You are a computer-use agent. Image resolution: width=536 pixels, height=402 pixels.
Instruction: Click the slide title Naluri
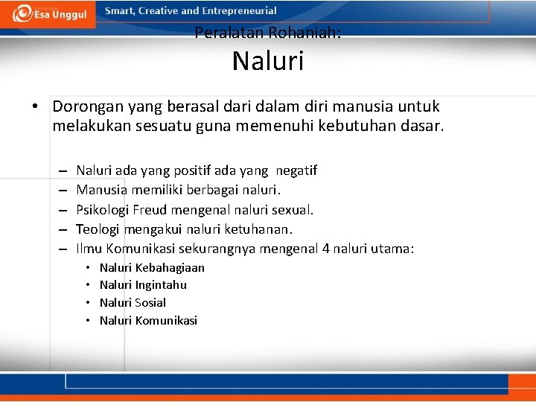[x=267, y=61]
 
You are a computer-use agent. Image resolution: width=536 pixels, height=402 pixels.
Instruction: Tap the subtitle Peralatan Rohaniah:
[x=267, y=33]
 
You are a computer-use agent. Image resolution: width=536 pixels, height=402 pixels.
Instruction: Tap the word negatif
[x=291, y=170]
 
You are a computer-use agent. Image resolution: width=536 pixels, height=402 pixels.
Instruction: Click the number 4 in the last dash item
[x=326, y=248]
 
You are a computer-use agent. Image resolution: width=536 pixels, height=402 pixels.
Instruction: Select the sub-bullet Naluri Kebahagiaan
[x=152, y=267]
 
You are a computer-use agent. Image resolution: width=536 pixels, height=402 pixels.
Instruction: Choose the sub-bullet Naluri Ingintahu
[x=143, y=284]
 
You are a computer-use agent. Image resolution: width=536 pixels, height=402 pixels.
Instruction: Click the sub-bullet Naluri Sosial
[x=133, y=302]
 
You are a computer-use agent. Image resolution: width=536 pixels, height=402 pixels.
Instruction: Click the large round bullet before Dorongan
[x=35, y=107]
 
